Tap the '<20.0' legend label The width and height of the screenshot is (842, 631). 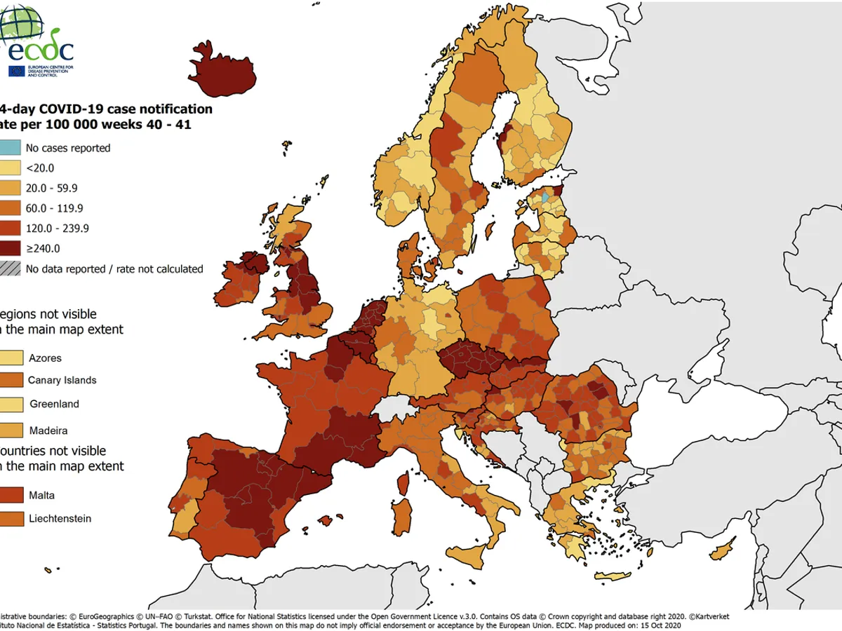point(39,168)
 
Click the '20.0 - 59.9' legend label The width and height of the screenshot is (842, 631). point(51,188)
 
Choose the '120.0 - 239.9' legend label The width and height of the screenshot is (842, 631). point(57,228)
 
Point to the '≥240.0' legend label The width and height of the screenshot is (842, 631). point(43,248)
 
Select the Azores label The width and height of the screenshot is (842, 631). point(45,358)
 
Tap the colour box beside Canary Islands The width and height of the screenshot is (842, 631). point(11,380)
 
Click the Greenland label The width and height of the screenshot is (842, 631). point(54,404)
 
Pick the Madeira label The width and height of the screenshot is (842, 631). point(48,429)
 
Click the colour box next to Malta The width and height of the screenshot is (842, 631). point(11,495)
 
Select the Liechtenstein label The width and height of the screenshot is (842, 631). point(60,519)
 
